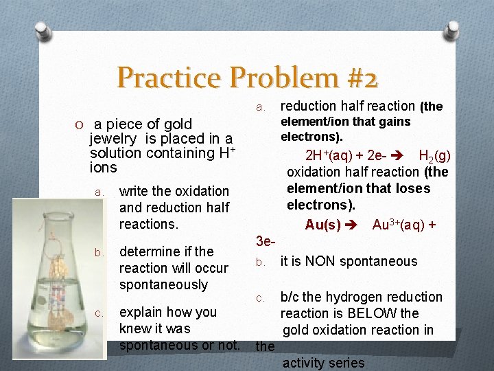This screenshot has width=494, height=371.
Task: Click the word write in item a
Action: click(134, 191)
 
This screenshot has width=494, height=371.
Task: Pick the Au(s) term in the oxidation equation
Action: click(323, 225)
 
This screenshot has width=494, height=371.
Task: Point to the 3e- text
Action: click(266, 241)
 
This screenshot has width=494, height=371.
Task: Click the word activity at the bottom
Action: click(303, 363)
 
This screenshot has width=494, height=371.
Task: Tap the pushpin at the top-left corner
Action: click(43, 31)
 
